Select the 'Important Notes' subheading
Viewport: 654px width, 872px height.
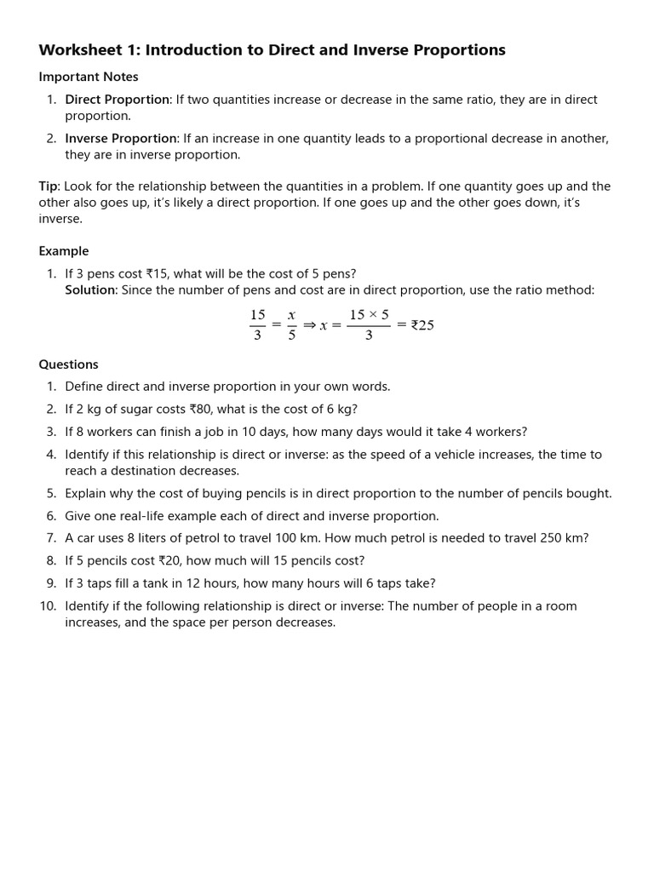(x=88, y=77)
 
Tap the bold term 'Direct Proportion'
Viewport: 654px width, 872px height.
(x=117, y=100)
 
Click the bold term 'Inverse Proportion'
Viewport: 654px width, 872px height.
(x=121, y=139)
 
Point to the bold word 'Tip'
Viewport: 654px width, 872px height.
(x=48, y=186)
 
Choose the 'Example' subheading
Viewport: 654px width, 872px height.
(x=63, y=251)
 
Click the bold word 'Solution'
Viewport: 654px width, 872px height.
(x=90, y=290)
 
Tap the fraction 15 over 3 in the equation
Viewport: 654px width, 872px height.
(x=257, y=325)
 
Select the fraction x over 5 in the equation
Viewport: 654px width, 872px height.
(x=291, y=325)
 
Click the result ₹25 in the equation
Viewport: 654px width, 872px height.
(x=422, y=325)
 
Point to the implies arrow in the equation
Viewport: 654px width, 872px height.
(x=309, y=325)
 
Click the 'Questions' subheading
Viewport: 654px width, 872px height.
(x=68, y=364)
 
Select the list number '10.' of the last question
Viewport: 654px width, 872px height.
(x=48, y=606)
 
